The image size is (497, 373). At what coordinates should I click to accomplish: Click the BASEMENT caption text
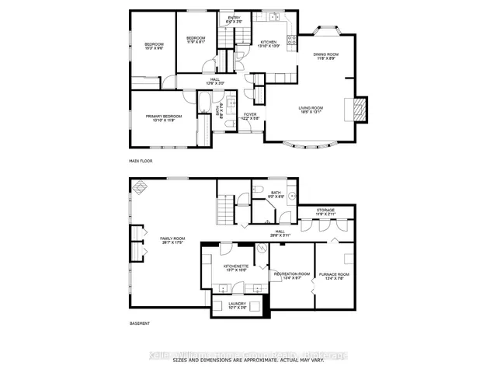[140, 322]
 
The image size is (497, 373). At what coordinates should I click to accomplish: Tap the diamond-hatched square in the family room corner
[141, 187]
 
